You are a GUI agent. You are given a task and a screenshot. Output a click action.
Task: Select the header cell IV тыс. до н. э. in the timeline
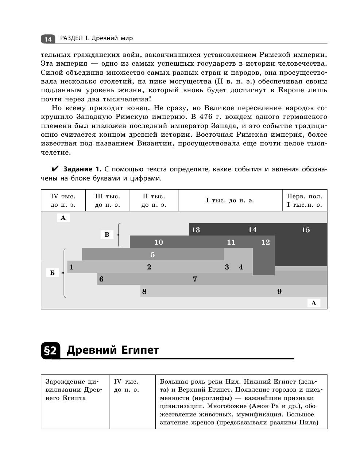(x=63, y=200)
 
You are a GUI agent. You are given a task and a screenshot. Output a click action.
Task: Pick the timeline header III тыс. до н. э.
(x=108, y=200)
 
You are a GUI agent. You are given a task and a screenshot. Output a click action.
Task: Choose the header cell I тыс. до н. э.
(x=230, y=200)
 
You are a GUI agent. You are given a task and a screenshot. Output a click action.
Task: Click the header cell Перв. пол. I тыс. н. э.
(x=305, y=200)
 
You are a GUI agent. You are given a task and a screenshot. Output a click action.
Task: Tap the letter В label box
(x=107, y=234)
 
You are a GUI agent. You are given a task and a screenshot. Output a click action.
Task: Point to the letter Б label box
(x=52, y=273)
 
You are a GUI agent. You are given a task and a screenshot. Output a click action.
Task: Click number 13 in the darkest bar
(x=196, y=230)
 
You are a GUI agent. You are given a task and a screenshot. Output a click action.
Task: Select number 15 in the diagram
(x=306, y=230)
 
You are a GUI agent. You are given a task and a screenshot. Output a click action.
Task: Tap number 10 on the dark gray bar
(x=159, y=242)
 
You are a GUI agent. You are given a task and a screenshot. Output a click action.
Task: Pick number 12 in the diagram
(x=266, y=242)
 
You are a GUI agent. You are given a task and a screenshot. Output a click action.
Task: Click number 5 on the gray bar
(x=152, y=255)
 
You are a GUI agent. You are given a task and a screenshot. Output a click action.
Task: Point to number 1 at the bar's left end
(x=71, y=267)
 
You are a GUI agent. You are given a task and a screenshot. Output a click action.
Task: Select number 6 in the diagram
(x=101, y=279)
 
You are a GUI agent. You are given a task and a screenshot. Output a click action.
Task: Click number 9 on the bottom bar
(x=279, y=291)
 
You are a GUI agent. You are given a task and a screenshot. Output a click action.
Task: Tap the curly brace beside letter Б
(x=64, y=273)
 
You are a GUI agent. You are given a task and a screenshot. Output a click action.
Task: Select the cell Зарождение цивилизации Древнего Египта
(x=75, y=390)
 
